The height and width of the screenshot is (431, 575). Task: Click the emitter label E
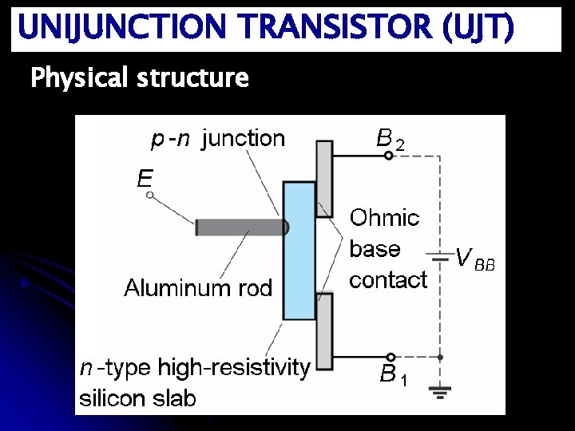[145, 177]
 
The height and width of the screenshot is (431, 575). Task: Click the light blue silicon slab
[299, 251]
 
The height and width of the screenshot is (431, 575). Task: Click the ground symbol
[439, 390]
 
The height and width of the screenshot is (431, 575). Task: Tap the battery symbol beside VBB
[438, 256]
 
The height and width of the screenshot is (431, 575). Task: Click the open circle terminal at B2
[388, 156]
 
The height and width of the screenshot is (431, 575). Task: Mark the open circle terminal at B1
[390, 357]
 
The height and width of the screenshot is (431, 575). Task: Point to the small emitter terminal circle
[149, 194]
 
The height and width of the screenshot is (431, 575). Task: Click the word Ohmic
[384, 217]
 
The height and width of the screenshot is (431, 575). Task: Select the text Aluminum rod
[198, 287]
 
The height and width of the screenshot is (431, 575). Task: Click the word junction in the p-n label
[243, 139]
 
